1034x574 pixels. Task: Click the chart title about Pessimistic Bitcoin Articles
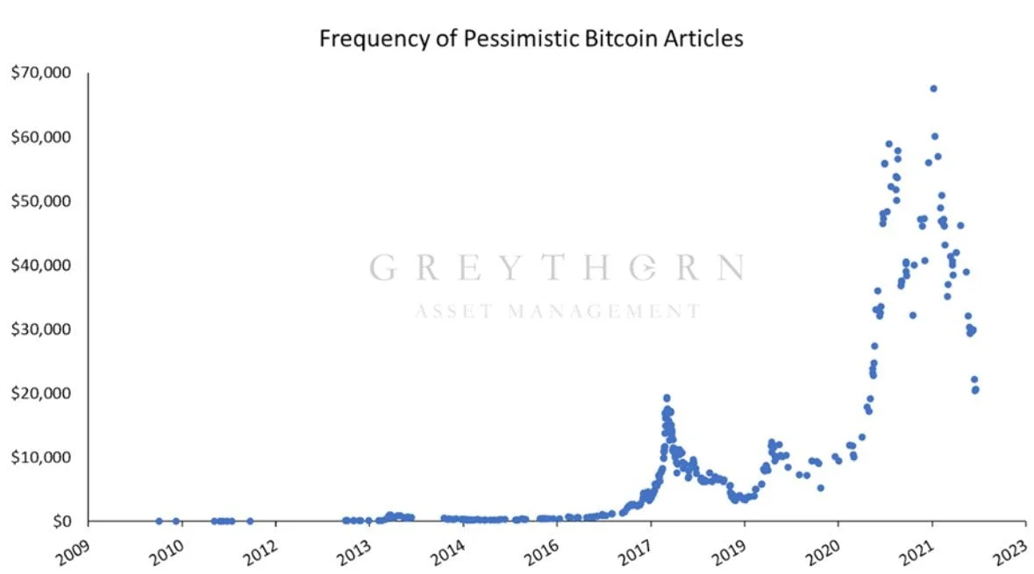(531, 39)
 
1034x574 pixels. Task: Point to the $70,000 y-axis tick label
(42, 73)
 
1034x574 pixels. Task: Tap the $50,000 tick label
(42, 201)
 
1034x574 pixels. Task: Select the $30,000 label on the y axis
(42, 329)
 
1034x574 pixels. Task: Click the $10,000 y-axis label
(42, 457)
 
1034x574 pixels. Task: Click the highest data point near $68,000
(933, 89)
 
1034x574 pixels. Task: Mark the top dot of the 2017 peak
(667, 398)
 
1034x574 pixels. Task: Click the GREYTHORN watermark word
(557, 267)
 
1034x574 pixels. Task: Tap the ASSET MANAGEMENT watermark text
(557, 311)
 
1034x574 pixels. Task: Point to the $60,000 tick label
(42, 137)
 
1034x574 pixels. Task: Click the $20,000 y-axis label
(42, 393)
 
